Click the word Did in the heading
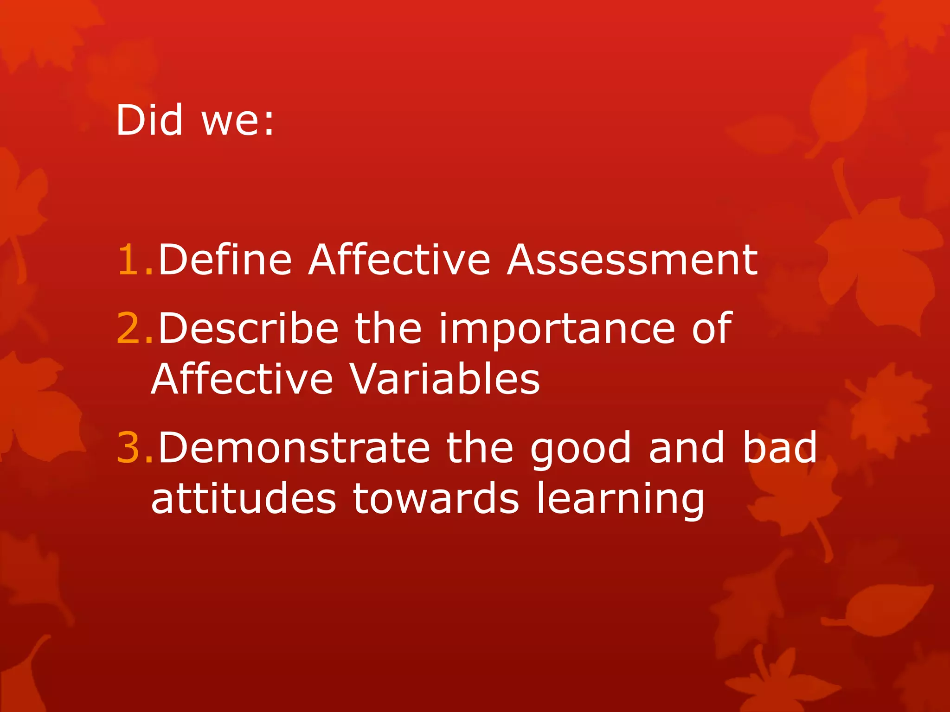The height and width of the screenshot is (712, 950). click(149, 120)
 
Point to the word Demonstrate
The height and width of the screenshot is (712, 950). click(294, 448)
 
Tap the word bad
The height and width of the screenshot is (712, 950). click(779, 448)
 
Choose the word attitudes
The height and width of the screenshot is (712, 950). click(244, 499)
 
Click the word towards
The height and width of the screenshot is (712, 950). click(436, 499)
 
